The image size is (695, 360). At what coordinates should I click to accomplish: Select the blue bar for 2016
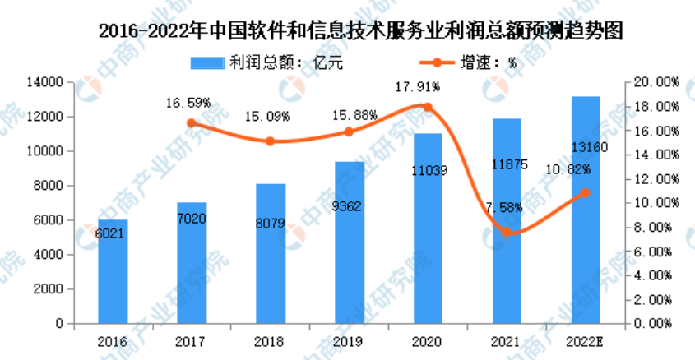point(113,271)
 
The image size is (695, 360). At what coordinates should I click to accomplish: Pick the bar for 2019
point(349,242)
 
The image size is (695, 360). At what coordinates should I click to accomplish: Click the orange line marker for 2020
point(427,107)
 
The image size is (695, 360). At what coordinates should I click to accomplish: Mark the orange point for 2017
point(192,123)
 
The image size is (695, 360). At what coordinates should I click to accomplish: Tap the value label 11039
point(428,170)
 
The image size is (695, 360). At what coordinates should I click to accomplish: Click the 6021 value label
point(112,233)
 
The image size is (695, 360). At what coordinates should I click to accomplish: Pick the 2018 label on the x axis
point(270,339)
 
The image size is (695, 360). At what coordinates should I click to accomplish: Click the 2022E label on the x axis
point(586,339)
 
